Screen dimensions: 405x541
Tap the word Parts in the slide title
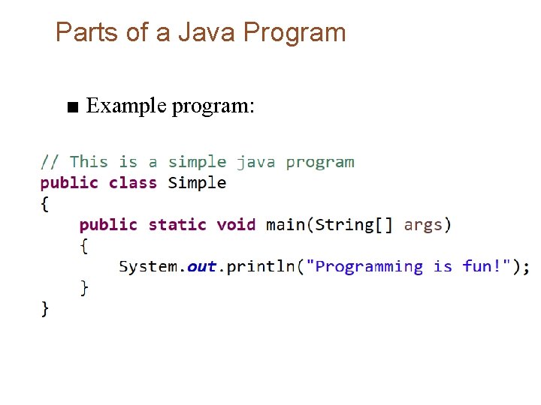[x=83, y=33]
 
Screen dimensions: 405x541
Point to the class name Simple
[x=197, y=183]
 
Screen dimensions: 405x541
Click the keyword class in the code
[x=133, y=183]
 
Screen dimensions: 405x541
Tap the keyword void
[x=236, y=225]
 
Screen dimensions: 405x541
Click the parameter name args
[x=424, y=225]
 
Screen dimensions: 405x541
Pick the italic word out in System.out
[x=201, y=267]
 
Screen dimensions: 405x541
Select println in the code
[x=260, y=267]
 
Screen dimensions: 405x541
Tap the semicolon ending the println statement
[x=526, y=268]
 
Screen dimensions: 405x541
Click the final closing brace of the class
[x=45, y=308]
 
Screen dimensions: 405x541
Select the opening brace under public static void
[x=84, y=246]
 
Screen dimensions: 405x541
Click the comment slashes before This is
[x=50, y=162]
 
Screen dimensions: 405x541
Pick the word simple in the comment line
[x=197, y=162]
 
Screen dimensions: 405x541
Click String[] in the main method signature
[x=354, y=225]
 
